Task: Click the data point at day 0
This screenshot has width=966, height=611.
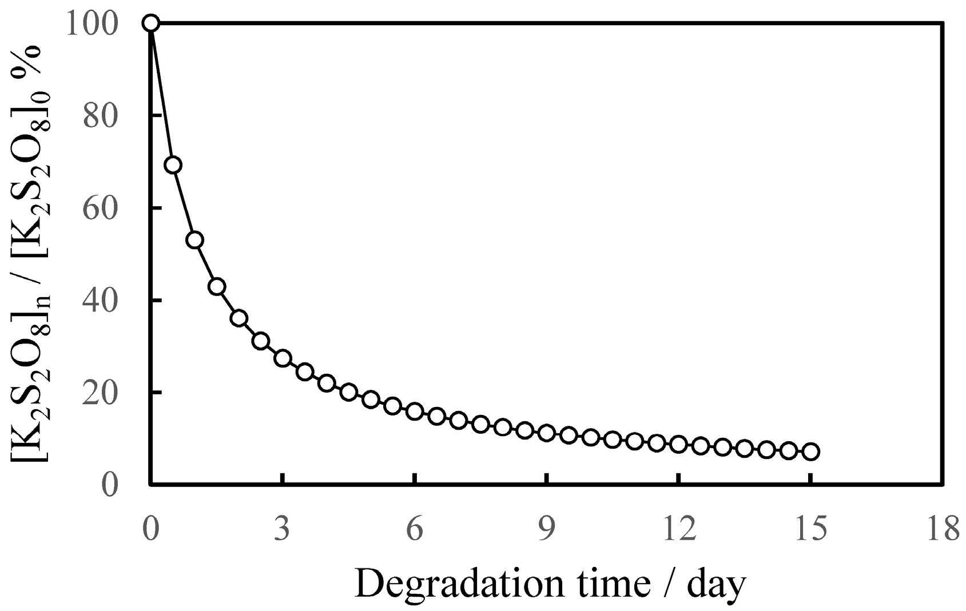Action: click(x=150, y=23)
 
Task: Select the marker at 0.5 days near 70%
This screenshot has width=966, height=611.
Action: click(x=173, y=165)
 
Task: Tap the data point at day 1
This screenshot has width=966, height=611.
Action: click(x=194, y=239)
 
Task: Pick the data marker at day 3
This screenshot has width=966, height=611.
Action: click(x=283, y=358)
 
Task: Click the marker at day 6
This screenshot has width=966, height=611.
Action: click(x=415, y=411)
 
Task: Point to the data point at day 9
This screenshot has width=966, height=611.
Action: click(x=547, y=433)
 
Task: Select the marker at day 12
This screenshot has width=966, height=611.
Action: click(x=679, y=444)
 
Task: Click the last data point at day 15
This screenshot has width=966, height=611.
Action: click(x=811, y=452)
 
